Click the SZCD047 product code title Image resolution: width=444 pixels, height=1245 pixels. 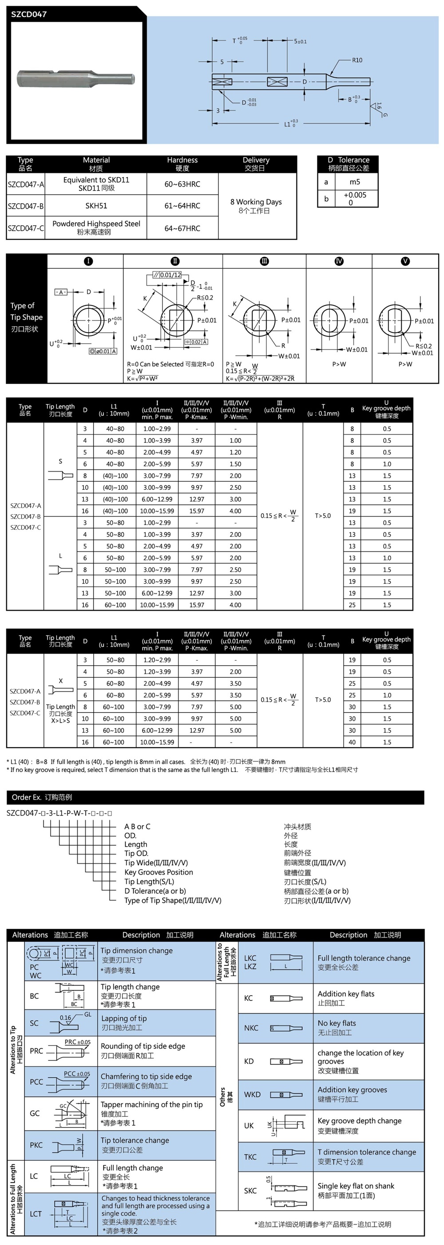tap(29, 15)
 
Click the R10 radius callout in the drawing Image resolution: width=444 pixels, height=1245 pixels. tap(357, 60)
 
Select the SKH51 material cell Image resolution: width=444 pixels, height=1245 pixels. tap(96, 206)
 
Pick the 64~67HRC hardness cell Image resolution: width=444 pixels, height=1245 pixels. tap(182, 228)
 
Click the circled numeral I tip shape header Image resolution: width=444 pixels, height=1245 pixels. tap(88, 261)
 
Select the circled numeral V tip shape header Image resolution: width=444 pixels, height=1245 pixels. tap(405, 261)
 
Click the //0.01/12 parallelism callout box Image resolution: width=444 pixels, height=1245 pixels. tap(167, 275)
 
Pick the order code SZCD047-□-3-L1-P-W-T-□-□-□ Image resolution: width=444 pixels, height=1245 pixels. tap(59, 813)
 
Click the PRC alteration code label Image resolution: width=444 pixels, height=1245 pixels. tap(36, 1051)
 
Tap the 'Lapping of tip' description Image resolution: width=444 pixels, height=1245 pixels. tap(124, 1018)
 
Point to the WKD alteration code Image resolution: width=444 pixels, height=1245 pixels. tap(252, 1094)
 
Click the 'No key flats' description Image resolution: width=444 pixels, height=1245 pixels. tap(337, 1023)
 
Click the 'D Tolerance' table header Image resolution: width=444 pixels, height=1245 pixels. tap(348, 160)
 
